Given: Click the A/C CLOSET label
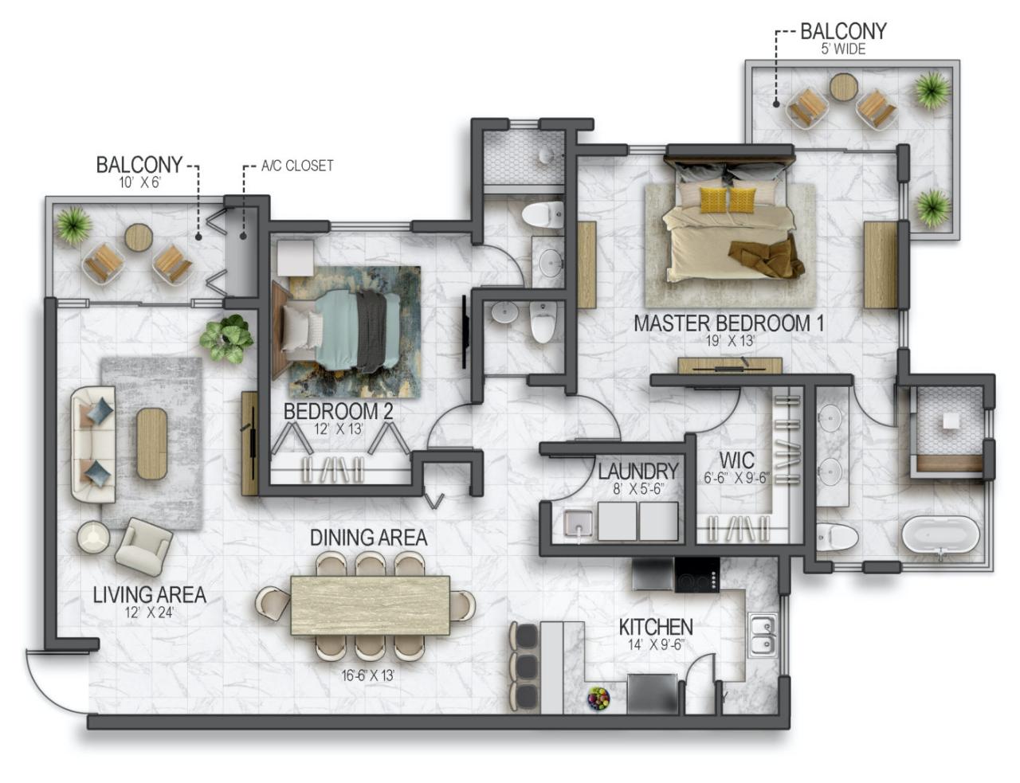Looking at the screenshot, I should pos(297,166).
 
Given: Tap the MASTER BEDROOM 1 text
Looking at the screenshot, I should pos(728,323).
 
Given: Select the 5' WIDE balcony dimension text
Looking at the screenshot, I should pos(842,49).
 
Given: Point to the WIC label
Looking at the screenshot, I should pos(736,461).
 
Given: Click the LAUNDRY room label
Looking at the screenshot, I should pos(637,472).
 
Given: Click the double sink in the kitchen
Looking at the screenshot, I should pos(762,634).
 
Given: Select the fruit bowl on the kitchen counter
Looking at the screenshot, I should pos(598,699).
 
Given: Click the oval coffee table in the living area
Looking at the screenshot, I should pos(151,443).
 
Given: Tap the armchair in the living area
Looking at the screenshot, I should pos(144,546).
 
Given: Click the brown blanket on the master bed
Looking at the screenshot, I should pos(765,257).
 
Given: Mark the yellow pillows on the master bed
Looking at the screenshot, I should pos(728,199).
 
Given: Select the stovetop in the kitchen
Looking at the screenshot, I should pos(696,574).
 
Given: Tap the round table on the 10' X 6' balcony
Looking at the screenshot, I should pos(139,237).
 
